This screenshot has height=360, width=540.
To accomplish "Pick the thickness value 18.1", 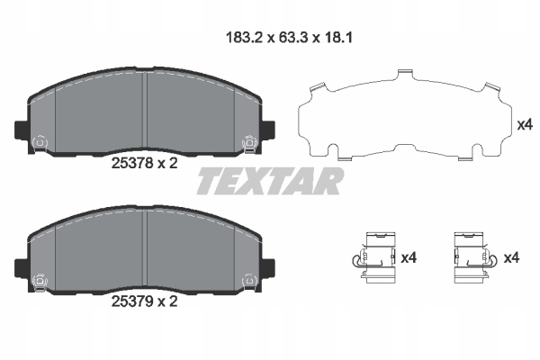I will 338,39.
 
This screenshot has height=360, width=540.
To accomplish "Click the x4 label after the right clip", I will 512,258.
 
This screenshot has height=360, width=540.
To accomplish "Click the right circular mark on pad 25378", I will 247,141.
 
